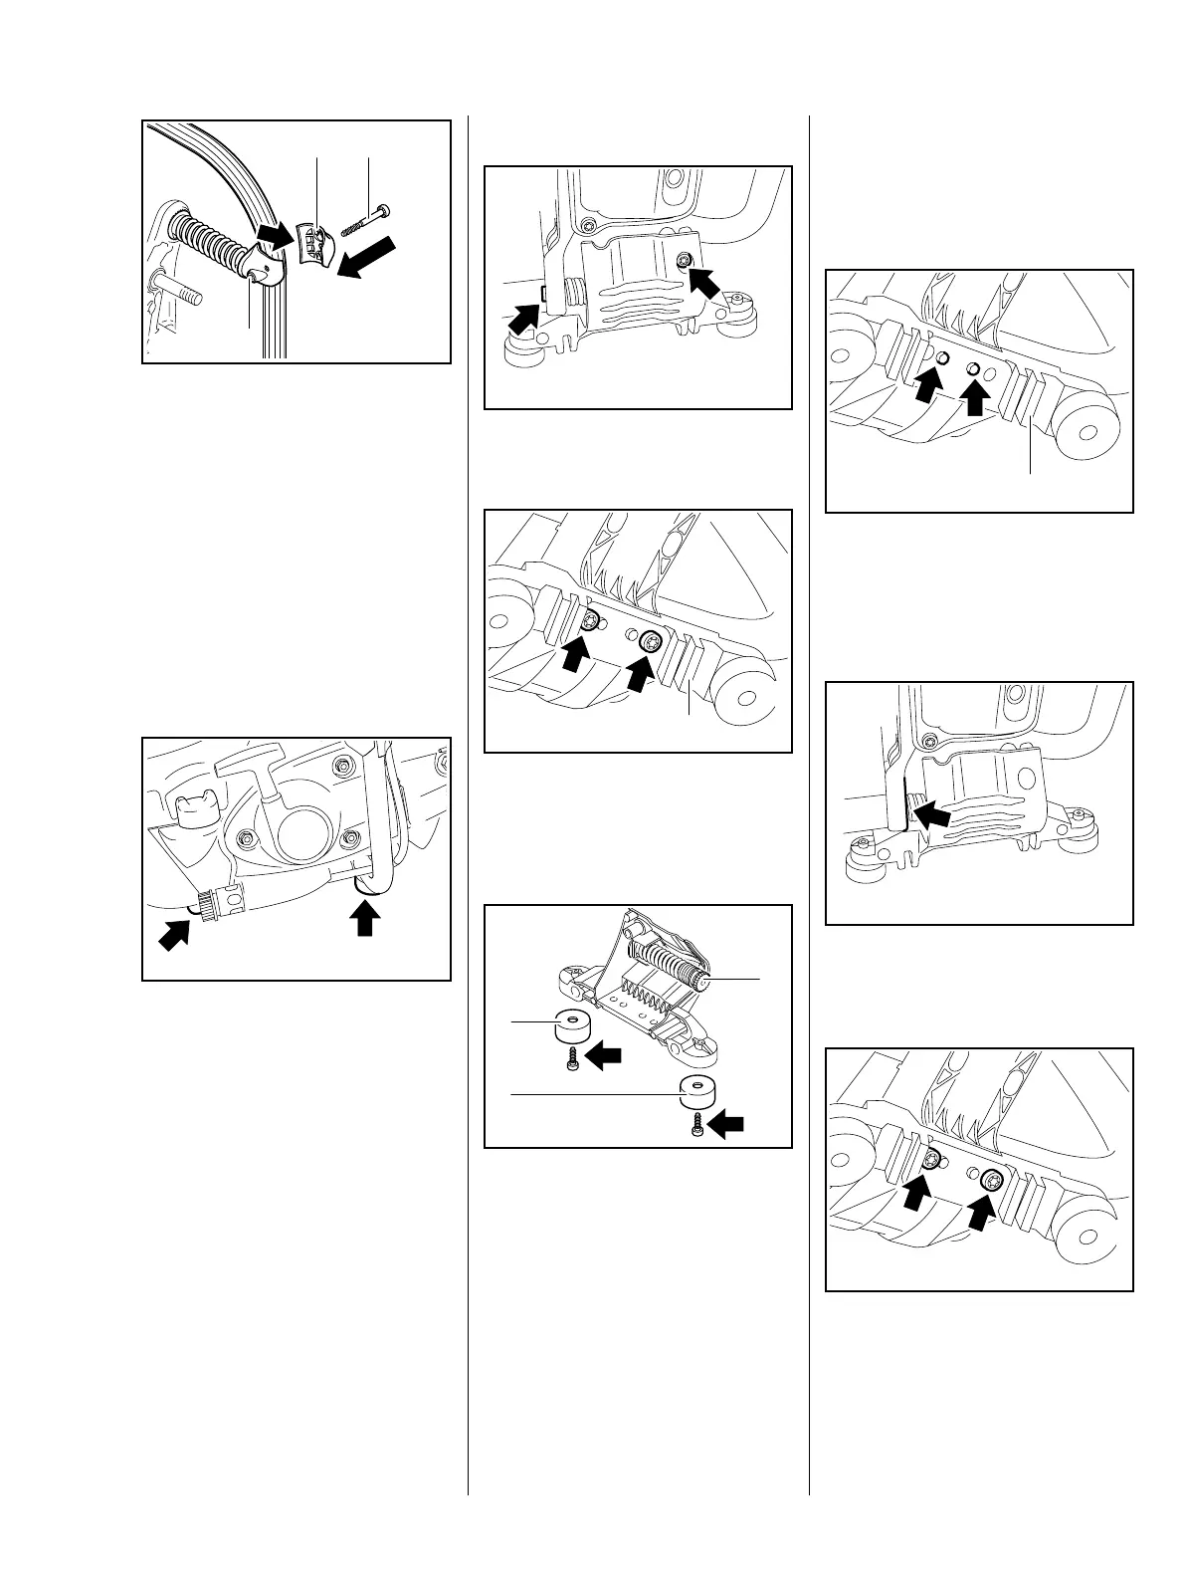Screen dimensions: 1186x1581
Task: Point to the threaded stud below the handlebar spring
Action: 179,292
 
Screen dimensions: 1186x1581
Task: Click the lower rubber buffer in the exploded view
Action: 696,1091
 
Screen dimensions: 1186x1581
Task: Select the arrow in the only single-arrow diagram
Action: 933,816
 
